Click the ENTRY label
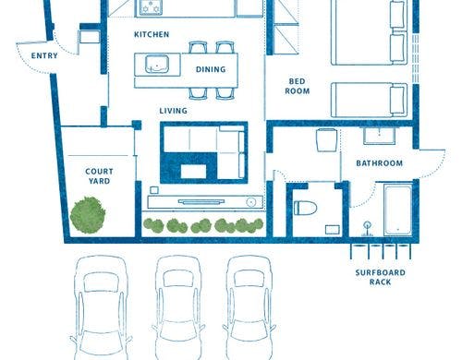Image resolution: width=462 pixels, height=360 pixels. pos(44,55)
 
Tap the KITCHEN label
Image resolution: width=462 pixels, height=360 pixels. pos(152,34)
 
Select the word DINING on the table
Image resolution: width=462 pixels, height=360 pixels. pos(211,69)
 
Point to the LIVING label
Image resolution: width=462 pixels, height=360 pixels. pos(173,111)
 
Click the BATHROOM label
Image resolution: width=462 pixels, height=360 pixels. pos(380,163)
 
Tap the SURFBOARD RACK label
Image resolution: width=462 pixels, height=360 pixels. pos(381,277)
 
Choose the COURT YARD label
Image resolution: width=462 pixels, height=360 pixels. pos(99,176)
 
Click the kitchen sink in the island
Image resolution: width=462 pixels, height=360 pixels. pos(157,65)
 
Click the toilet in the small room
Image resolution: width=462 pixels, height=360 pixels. pos(306,208)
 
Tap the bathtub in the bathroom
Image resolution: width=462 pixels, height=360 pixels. pos(398,210)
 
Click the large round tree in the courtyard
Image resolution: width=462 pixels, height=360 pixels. pos(88,215)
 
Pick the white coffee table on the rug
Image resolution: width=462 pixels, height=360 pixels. pos(193,172)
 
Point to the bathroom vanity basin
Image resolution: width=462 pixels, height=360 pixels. pos(379,136)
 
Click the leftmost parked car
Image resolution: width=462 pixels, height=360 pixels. pos(101,307)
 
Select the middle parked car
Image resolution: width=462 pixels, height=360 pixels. pos(178,307)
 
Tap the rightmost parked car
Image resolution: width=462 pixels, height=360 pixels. pos(249,307)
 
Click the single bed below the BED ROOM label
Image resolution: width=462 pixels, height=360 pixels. pos(370,100)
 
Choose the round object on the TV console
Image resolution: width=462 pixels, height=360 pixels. pos(251,202)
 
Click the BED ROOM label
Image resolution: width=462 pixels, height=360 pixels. pos(297,86)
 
